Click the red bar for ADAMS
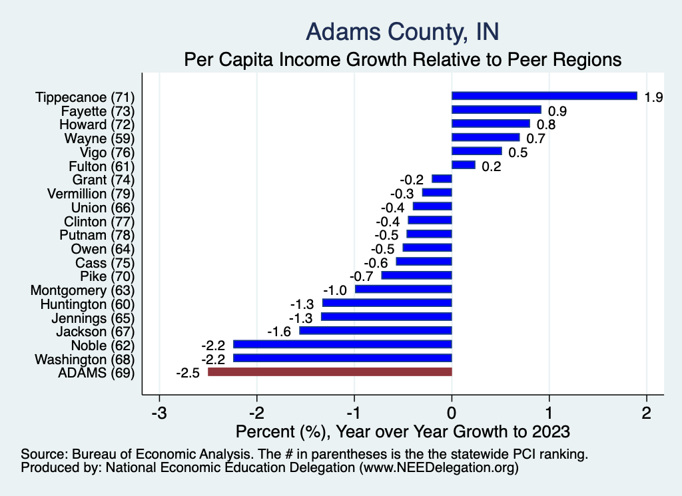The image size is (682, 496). [x=330, y=372]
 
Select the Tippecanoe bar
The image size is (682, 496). [x=544, y=96]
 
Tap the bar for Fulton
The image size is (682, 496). [x=464, y=165]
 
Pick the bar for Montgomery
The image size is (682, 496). [x=404, y=289]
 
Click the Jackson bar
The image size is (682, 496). [x=376, y=331]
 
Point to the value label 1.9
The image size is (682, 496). [x=653, y=97]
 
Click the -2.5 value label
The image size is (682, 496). [x=188, y=373]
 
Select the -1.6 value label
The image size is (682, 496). [x=280, y=332]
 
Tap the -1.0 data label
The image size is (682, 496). [x=336, y=290]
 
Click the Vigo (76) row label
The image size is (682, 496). [x=107, y=152]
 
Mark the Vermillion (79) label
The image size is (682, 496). [x=91, y=194]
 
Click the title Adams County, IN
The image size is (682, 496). [x=402, y=31]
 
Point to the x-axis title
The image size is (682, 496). [x=403, y=431]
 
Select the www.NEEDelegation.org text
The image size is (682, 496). [x=439, y=468]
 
